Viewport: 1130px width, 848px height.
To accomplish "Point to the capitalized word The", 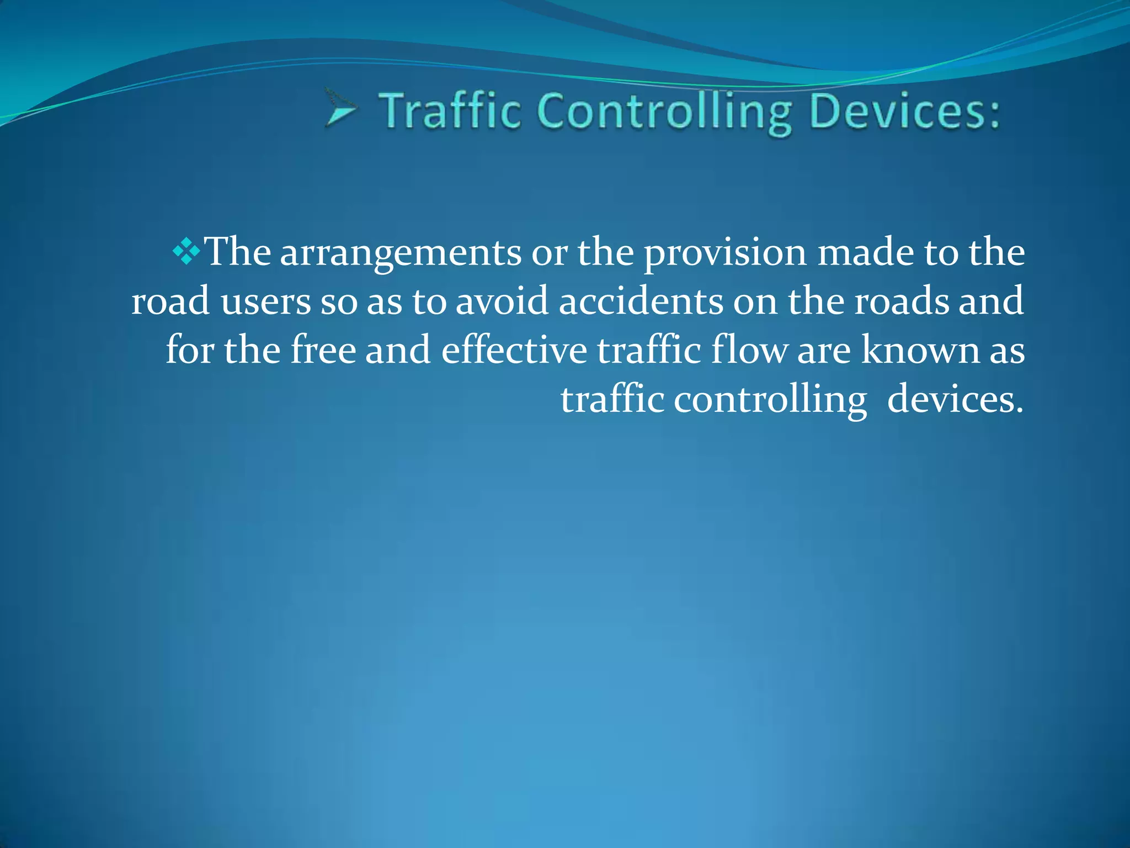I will pyautogui.click(x=238, y=252).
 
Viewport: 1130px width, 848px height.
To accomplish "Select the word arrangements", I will pyautogui.click(x=401, y=254).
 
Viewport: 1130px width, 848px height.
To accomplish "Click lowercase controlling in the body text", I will pyautogui.click(x=770, y=400).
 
